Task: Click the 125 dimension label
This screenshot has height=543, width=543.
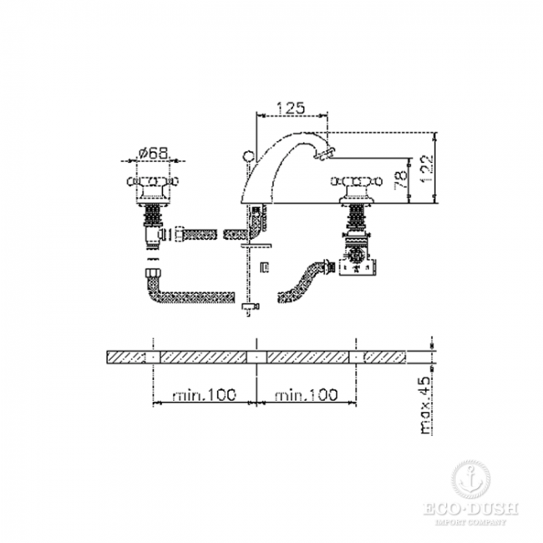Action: tap(291, 108)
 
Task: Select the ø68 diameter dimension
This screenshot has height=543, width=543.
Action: tap(153, 153)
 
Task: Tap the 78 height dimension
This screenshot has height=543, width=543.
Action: tap(401, 179)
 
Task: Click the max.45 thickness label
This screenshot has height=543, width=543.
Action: tap(424, 405)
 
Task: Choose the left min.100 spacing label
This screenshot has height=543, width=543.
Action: tap(205, 394)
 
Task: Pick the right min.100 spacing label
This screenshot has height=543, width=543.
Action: tap(306, 394)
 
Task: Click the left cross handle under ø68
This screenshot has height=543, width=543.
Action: tap(153, 181)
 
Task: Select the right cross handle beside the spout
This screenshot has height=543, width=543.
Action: tap(357, 181)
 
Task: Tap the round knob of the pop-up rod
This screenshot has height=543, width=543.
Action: tap(249, 156)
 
